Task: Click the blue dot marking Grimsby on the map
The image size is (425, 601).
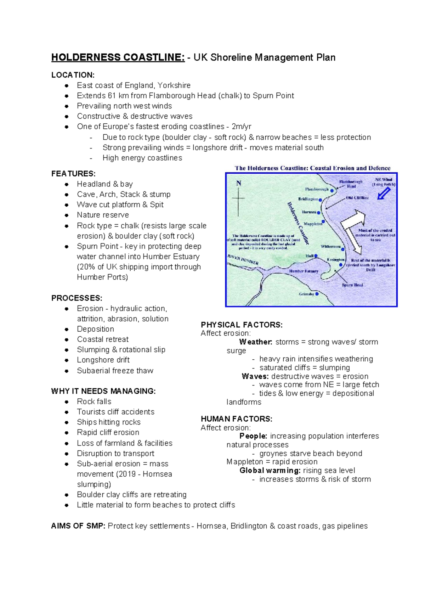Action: (x=317, y=294)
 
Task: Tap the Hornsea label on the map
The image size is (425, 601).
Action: (x=309, y=212)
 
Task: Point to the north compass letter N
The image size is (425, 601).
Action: (x=239, y=183)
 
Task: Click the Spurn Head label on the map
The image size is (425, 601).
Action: (x=352, y=285)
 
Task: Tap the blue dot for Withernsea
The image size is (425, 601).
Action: (x=343, y=249)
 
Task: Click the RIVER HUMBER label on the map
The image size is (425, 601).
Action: (x=243, y=259)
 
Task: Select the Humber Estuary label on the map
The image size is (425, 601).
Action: (x=304, y=271)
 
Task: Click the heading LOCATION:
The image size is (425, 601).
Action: (x=73, y=75)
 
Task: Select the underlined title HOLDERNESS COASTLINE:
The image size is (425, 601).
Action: (x=118, y=57)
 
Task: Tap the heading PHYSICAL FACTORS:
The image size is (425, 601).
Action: (x=242, y=325)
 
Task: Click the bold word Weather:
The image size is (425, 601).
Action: (x=256, y=342)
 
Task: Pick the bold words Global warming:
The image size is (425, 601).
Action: (x=270, y=471)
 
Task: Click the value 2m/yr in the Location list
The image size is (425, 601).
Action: (x=241, y=127)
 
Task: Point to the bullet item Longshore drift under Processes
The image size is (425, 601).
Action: (x=103, y=360)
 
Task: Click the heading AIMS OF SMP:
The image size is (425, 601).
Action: (x=78, y=526)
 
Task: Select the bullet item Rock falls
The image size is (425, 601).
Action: (x=94, y=401)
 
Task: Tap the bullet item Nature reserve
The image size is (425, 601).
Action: (x=103, y=215)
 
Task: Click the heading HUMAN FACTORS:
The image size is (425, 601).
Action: (x=236, y=419)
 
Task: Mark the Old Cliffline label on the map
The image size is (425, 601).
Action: (x=357, y=198)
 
